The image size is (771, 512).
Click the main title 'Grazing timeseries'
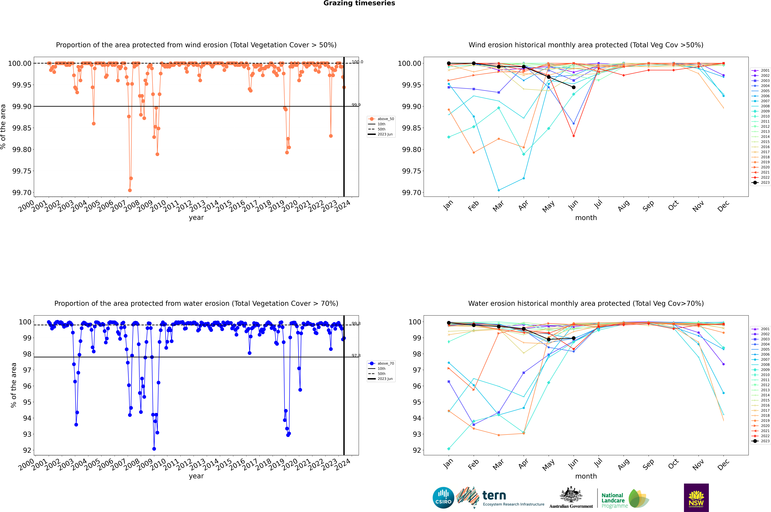359,3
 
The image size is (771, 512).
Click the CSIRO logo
443,498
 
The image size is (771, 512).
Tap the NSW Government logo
696,498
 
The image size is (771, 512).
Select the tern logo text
494,496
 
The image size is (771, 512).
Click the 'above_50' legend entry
381,119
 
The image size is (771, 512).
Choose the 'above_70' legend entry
381,363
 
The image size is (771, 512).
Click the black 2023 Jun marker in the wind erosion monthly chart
574,87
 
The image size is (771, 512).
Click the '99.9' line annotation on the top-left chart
356,105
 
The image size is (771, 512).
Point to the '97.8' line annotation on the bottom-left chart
356,356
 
